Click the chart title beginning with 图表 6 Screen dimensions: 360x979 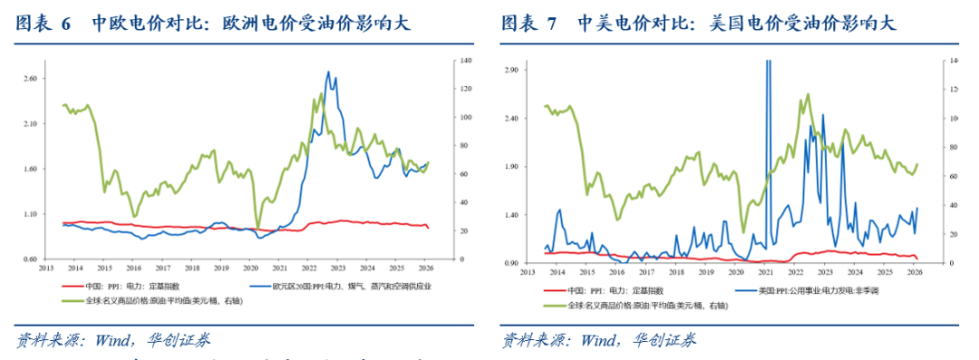214,24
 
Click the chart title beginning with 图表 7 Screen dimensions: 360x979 699,24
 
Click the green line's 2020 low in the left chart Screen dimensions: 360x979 257,228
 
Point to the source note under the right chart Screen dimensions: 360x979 599,341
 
